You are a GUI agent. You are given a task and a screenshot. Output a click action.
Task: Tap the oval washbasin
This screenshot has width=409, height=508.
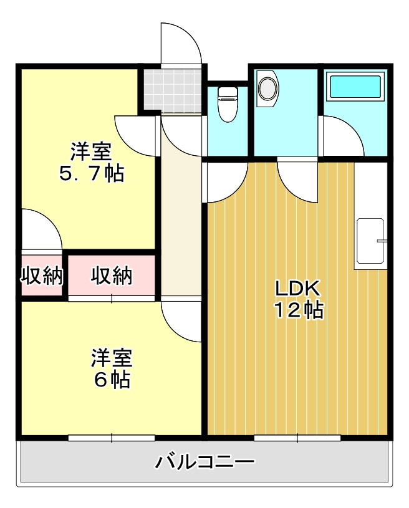tap(268, 89)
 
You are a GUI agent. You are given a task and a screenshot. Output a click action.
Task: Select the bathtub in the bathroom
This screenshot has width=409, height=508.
tap(355, 87)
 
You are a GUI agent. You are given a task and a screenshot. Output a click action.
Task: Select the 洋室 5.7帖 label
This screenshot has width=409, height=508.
tap(91, 162)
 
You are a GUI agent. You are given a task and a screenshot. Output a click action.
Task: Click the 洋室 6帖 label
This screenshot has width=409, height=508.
tap(112, 368)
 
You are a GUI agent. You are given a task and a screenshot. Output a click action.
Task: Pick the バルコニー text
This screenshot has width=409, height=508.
tap(205, 462)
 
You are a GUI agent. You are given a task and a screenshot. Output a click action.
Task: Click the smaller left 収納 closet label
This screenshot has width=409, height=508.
tap(42, 276)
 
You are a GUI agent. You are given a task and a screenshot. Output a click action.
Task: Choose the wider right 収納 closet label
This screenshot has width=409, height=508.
tap(112, 276)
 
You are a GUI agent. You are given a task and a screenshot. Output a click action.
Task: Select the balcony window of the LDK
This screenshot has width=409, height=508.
tap(297, 438)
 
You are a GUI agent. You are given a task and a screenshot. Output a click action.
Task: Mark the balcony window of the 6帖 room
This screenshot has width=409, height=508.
tap(112, 438)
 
